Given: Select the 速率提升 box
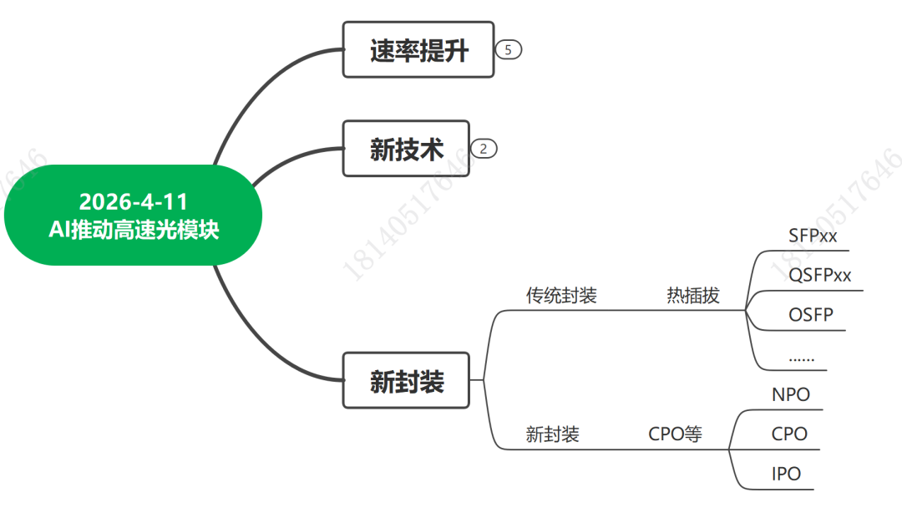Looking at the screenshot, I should [x=418, y=51].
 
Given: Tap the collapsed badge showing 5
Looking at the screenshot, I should [x=508, y=50].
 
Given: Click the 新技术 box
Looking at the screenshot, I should [x=406, y=149].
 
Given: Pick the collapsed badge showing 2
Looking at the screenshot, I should [x=484, y=150].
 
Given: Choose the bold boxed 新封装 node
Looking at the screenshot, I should [x=407, y=381].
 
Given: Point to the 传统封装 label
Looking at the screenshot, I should [x=561, y=296].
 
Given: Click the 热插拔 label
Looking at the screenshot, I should [x=692, y=296].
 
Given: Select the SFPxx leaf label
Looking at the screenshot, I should [x=813, y=236].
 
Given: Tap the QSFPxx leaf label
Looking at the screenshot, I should [x=819, y=276].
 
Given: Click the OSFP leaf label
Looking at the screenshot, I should [x=811, y=316].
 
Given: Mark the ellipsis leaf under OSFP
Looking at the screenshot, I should [x=802, y=358].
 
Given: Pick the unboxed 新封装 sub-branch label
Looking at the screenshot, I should [x=552, y=434].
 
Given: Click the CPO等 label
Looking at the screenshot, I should [x=675, y=434].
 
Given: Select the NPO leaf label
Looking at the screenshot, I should [x=791, y=394].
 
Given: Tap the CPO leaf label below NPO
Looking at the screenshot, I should [x=789, y=434].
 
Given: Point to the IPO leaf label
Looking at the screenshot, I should [x=786, y=475].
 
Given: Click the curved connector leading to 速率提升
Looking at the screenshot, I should [x=251, y=92].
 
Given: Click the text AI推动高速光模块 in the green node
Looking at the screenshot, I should [x=134, y=230].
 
